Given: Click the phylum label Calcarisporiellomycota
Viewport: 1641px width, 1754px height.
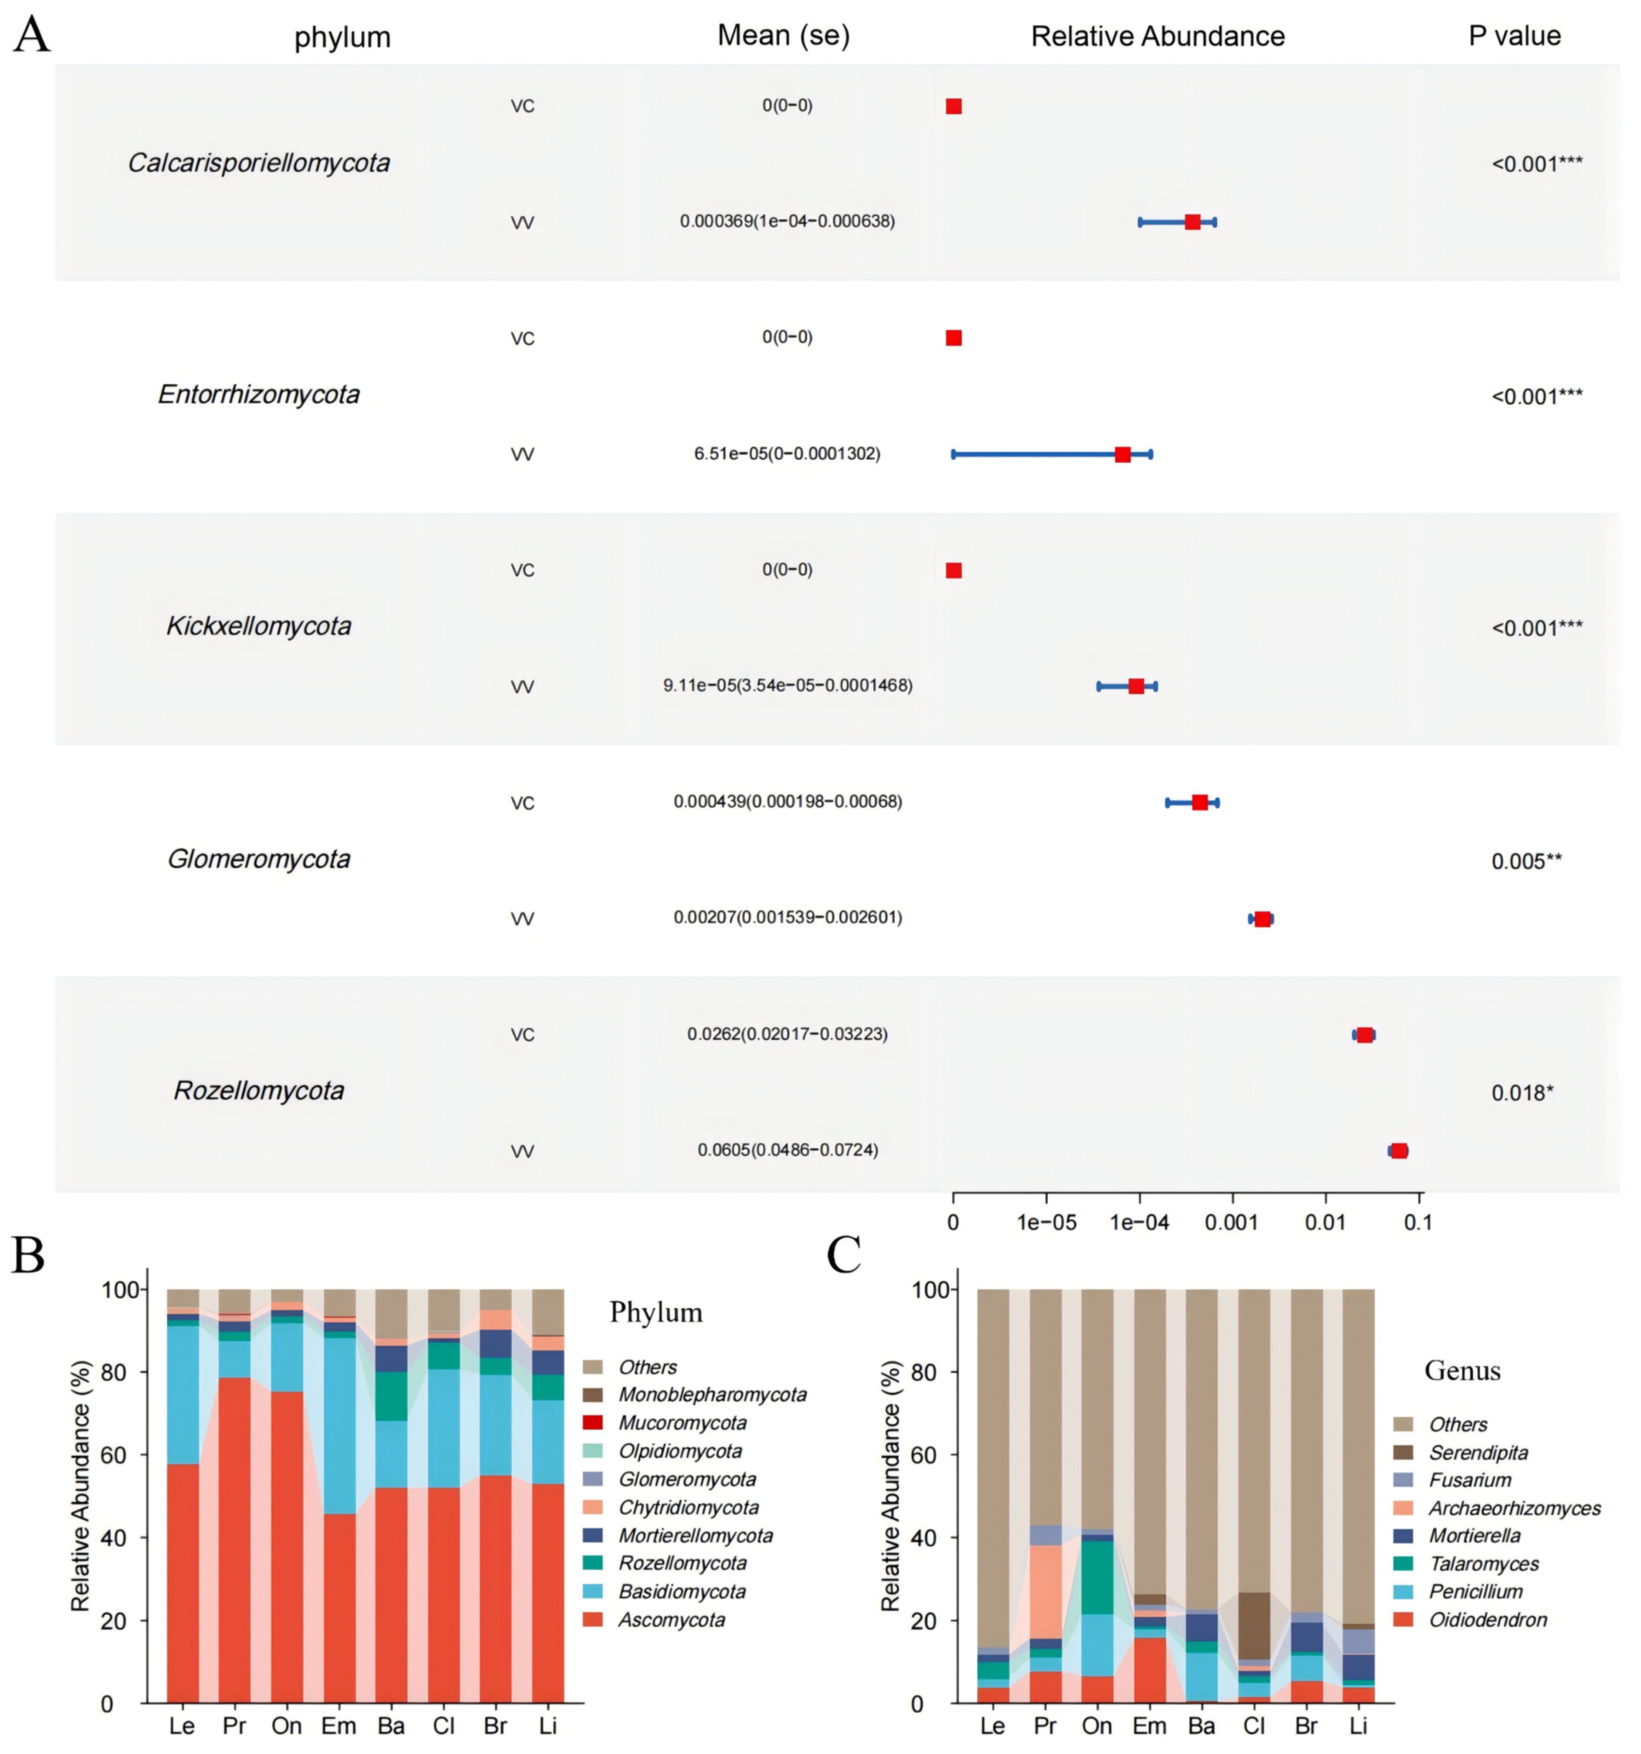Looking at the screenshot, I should (258, 163).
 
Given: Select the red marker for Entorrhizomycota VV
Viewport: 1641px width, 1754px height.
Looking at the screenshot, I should (1122, 454).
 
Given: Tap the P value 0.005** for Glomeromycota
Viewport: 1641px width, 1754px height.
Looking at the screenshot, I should (1526, 861).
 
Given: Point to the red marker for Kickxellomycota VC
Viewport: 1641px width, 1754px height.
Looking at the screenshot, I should (954, 571).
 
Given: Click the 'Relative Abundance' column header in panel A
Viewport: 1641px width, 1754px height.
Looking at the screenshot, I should (1157, 36).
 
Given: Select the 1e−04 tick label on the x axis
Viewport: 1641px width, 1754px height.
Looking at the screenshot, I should (1140, 1222).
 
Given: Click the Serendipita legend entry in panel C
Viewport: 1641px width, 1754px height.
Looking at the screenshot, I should (1478, 1452).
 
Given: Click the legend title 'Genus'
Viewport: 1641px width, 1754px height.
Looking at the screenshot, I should (1462, 1370).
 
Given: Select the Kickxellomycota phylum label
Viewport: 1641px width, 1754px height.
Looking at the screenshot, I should (258, 626).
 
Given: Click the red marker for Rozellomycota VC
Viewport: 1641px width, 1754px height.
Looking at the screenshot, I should (1364, 1035).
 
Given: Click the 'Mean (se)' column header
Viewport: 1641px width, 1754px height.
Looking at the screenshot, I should (783, 35).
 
